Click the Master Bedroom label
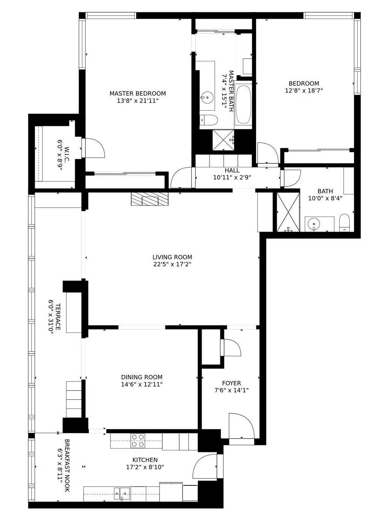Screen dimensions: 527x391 (x=138, y=93)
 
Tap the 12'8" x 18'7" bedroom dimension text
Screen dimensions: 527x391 (x=304, y=91)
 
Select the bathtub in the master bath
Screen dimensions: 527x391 (x=243, y=105)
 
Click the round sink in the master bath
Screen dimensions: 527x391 (x=207, y=98)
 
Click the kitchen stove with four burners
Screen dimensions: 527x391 (x=138, y=441)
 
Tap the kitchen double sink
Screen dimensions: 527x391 (x=122, y=493)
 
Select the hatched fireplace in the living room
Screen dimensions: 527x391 (x=149, y=199)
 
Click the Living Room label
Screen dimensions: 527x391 (x=172, y=257)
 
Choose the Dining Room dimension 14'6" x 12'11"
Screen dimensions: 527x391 (x=142, y=384)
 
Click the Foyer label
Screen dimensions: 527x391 (x=231, y=383)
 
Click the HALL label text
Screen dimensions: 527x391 (x=232, y=170)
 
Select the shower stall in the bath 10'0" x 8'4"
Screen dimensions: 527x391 (x=288, y=212)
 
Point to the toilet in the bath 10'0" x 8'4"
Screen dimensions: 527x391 (x=344, y=223)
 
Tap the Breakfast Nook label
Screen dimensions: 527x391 (x=67, y=465)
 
